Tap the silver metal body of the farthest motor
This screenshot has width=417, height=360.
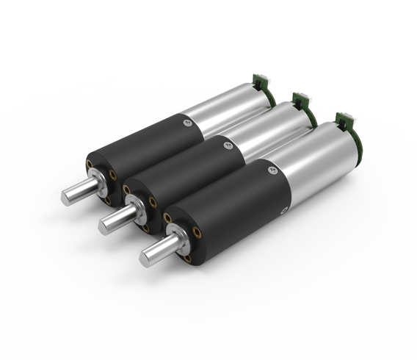[220, 107]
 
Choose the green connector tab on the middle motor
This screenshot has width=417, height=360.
[300, 98]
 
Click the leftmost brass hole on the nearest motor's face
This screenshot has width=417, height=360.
[169, 218]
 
